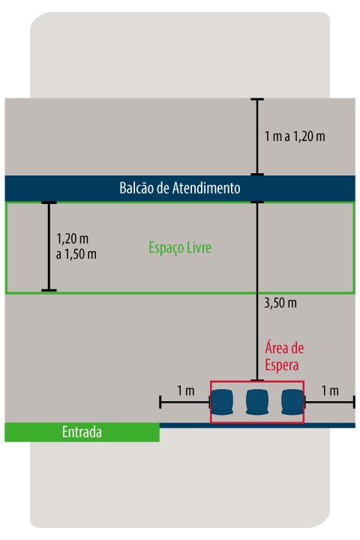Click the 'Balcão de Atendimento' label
tap(180, 188)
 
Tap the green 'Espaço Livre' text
tap(180, 247)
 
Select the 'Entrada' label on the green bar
tap(82, 432)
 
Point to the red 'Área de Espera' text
tap(284, 356)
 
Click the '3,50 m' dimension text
tap(280, 303)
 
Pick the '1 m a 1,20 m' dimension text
tap(295, 136)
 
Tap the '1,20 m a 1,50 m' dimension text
tap(76, 246)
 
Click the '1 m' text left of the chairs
tap(186, 391)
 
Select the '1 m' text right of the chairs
tap(330, 391)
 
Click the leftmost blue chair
tap(222, 402)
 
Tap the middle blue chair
tap(257, 402)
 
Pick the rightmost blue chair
tap(292, 402)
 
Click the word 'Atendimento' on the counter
tap(206, 188)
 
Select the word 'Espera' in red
tap(282, 365)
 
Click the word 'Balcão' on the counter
tap(136, 188)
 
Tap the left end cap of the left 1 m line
tap(160, 402)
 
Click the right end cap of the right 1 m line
tap(354, 402)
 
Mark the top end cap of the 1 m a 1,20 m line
tap(257, 99)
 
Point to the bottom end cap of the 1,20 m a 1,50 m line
tap(49, 290)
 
